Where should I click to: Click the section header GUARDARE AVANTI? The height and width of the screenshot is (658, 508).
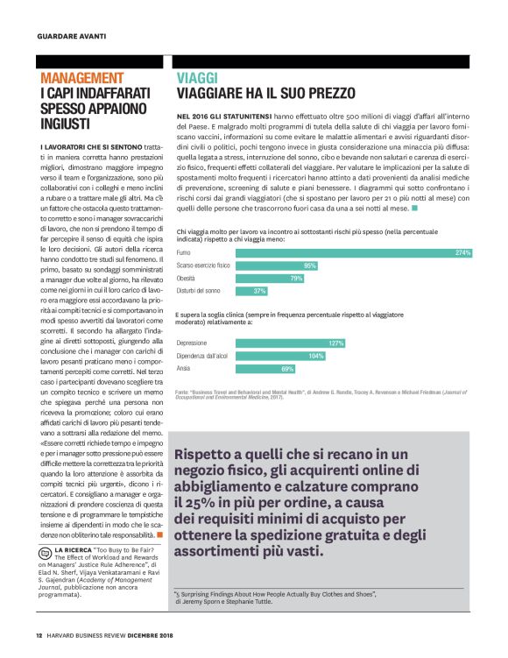click(71, 36)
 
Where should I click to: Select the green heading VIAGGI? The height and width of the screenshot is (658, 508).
click(199, 77)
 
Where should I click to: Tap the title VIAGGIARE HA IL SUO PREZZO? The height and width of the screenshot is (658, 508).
click(266, 93)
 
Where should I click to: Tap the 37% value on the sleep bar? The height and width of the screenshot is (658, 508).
click(259, 290)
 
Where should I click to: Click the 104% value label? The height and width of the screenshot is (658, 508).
click(316, 356)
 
